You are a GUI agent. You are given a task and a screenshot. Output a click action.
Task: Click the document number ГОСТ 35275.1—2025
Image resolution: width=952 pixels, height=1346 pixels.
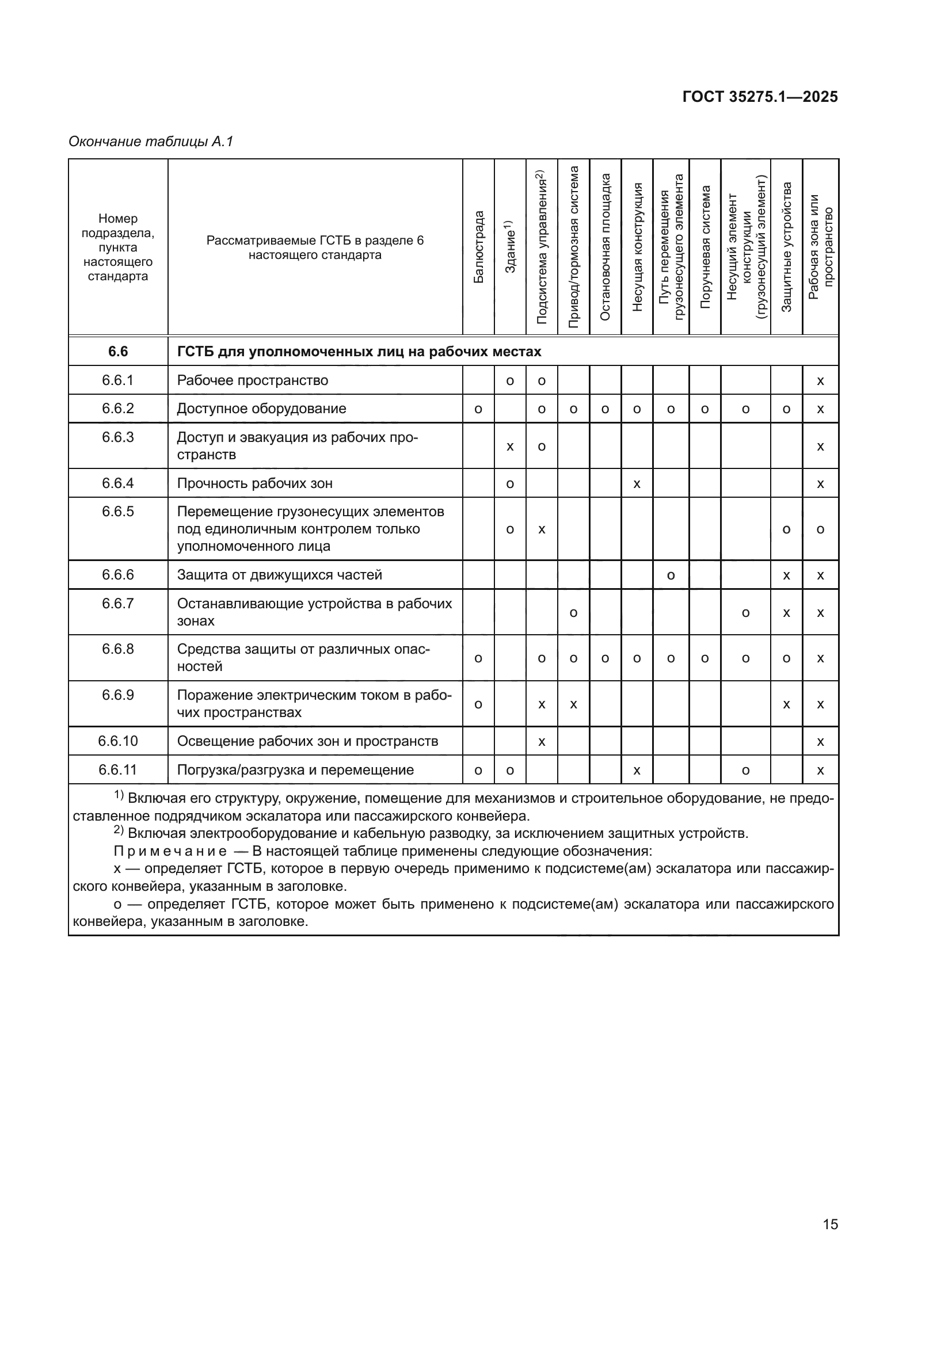pyautogui.click(x=760, y=97)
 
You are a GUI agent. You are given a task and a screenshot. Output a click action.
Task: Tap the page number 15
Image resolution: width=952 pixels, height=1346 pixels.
pyautogui.click(x=830, y=1224)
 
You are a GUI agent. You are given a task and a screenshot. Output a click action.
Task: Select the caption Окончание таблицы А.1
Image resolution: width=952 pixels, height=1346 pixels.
pyautogui.click(x=151, y=142)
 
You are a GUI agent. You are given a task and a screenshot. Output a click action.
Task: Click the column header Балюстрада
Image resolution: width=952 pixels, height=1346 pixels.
pyautogui.click(x=478, y=247)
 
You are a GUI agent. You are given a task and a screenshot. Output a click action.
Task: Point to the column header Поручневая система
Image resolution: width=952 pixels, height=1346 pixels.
pyautogui.click(x=705, y=247)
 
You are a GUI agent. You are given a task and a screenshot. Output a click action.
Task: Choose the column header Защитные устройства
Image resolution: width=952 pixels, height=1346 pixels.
pyautogui.click(x=786, y=247)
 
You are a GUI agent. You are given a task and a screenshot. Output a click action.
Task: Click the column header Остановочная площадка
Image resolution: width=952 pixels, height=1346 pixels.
pyautogui.click(x=605, y=247)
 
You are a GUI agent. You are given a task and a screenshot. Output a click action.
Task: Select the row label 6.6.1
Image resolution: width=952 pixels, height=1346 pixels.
pyautogui.click(x=118, y=380)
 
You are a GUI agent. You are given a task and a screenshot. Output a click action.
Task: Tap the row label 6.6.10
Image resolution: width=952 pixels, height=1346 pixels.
pyautogui.click(x=118, y=741)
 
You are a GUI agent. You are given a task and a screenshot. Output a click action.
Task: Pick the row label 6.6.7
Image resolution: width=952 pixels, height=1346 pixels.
pyautogui.click(x=118, y=603)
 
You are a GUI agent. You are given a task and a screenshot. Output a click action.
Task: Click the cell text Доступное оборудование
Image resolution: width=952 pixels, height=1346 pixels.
pyautogui.click(x=261, y=409)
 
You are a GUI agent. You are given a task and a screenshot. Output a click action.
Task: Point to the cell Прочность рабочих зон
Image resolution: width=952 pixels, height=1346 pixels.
pyautogui.click(x=254, y=483)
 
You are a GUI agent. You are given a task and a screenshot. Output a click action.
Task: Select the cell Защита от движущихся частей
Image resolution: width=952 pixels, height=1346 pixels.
pyautogui.click(x=280, y=574)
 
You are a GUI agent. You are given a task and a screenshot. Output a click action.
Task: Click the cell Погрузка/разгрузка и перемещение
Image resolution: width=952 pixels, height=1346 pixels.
pyautogui.click(x=295, y=770)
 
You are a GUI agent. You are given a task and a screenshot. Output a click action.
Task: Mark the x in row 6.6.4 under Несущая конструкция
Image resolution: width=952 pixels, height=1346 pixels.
pyautogui.click(x=637, y=483)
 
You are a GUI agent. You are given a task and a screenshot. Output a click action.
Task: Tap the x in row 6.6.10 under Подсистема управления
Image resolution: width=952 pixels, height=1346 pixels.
pyautogui.click(x=542, y=742)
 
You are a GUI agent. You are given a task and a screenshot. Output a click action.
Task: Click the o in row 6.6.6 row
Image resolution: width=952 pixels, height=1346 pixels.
pyautogui.click(x=671, y=575)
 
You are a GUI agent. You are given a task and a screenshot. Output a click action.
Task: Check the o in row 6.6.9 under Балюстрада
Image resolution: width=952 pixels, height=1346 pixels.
pyautogui.click(x=478, y=704)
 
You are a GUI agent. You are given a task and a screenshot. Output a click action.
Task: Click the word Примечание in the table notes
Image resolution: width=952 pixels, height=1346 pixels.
pyautogui.click(x=170, y=851)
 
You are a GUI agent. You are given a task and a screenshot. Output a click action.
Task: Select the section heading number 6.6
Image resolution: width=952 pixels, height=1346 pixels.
pyautogui.click(x=118, y=351)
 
